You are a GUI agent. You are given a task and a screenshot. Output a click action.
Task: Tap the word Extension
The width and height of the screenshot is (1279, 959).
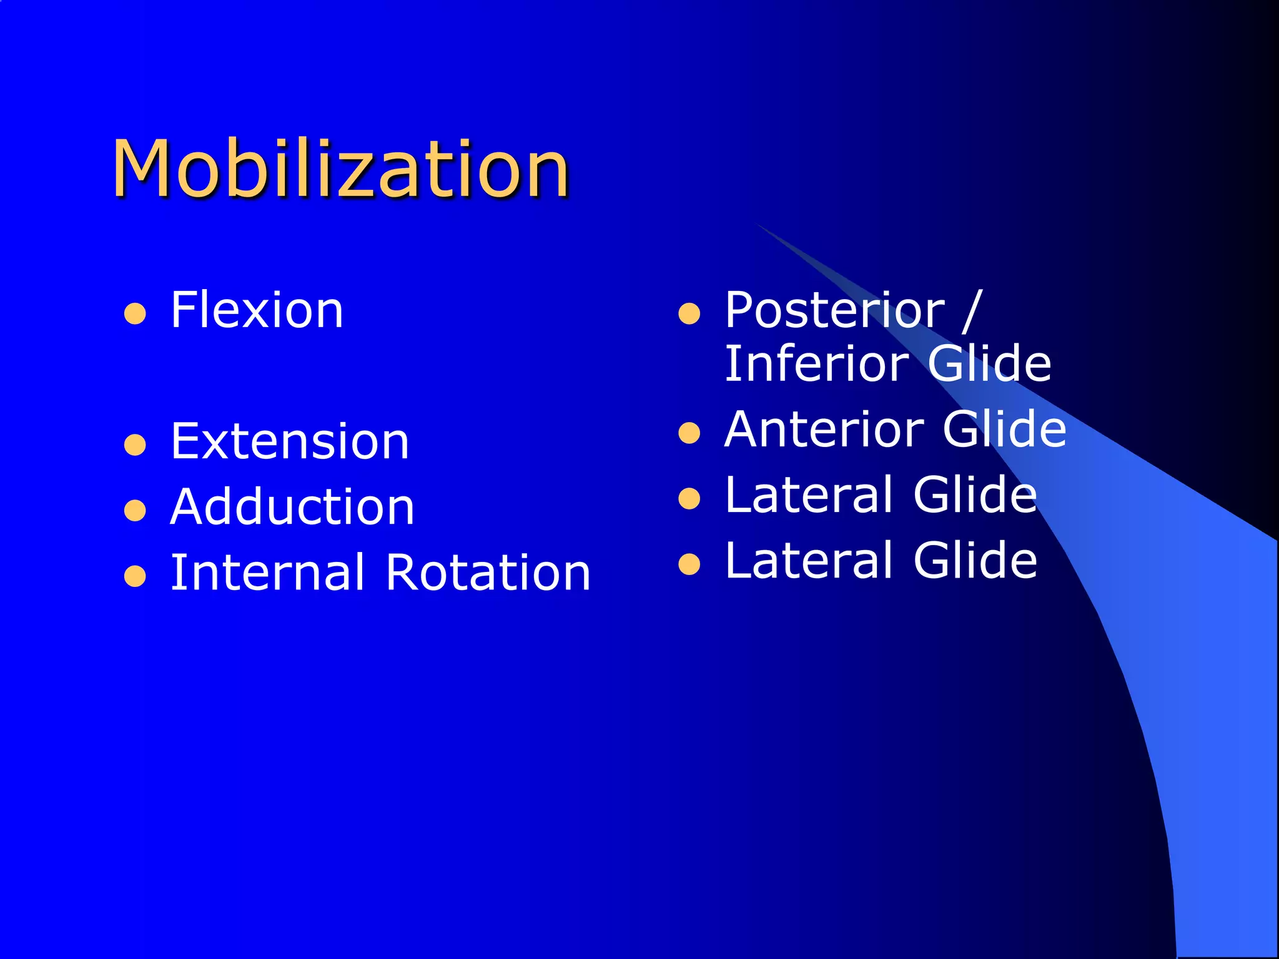290,441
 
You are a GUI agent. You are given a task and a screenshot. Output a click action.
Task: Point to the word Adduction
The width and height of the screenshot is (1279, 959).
292,506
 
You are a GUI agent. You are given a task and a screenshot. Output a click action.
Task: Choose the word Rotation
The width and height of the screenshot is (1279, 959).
488,573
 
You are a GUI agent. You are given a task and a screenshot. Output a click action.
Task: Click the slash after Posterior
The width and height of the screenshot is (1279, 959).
972,310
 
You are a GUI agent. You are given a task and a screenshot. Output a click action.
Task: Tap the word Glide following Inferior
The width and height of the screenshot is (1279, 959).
989,363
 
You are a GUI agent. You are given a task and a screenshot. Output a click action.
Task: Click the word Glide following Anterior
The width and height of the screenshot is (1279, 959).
1004,429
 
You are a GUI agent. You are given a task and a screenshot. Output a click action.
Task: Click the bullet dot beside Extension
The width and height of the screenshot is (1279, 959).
135,445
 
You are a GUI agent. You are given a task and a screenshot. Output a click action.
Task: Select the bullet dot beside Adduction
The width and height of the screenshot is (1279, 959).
135,510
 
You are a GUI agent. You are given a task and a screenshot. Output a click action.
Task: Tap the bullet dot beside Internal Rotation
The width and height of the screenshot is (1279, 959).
135,576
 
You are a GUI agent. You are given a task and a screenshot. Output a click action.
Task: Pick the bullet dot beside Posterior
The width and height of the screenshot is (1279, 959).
689,313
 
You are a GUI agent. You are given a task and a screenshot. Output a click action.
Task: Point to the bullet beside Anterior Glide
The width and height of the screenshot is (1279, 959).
689,433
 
